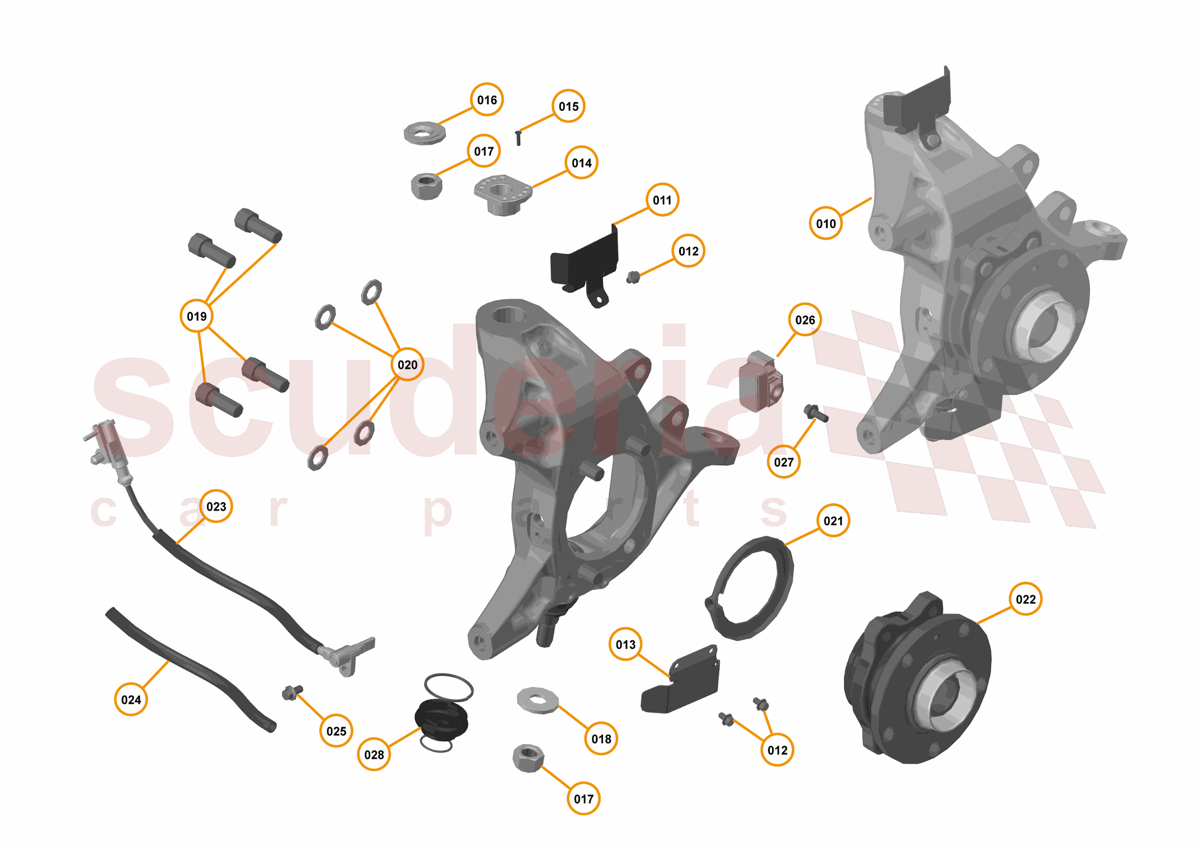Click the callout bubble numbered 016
coord(487,100)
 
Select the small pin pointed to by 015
coord(518,138)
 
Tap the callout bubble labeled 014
coord(581,163)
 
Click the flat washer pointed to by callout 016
coord(424,133)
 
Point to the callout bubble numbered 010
coord(826,223)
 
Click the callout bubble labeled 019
coord(196,316)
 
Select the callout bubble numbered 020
coord(407,364)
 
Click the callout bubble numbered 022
coord(1025,599)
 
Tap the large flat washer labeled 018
coord(537,700)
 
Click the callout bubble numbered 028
coord(374,754)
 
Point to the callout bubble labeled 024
coord(131,699)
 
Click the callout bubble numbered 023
coord(216,506)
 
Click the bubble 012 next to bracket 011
coord(688,251)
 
